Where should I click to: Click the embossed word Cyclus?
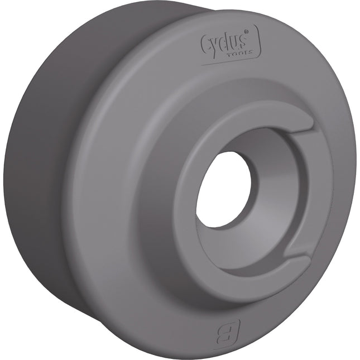tap(228, 42)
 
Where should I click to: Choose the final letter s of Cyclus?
tap(248, 42)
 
